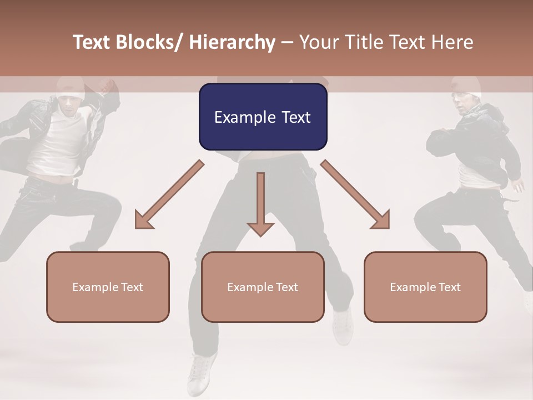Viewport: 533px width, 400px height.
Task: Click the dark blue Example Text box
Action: [263, 117]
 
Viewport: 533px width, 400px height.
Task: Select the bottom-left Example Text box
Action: [108, 287]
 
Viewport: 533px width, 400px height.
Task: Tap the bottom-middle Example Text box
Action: [263, 287]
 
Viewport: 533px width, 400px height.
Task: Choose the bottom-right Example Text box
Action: [425, 287]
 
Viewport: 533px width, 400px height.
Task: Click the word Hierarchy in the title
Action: [232, 42]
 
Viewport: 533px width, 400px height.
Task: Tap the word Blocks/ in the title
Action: [150, 42]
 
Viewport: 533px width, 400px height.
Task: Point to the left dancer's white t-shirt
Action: [56, 144]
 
